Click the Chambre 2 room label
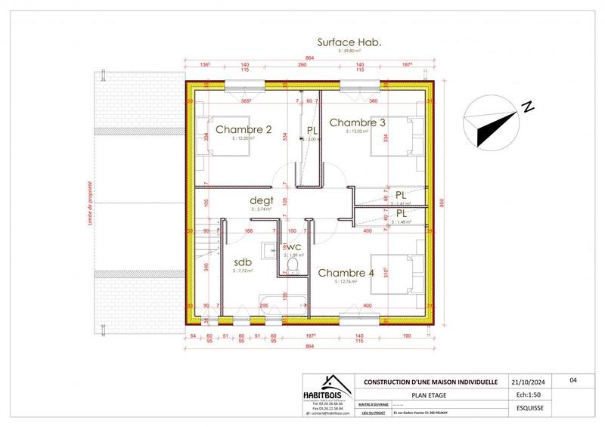244,130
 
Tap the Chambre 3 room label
358,122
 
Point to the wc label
293,246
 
